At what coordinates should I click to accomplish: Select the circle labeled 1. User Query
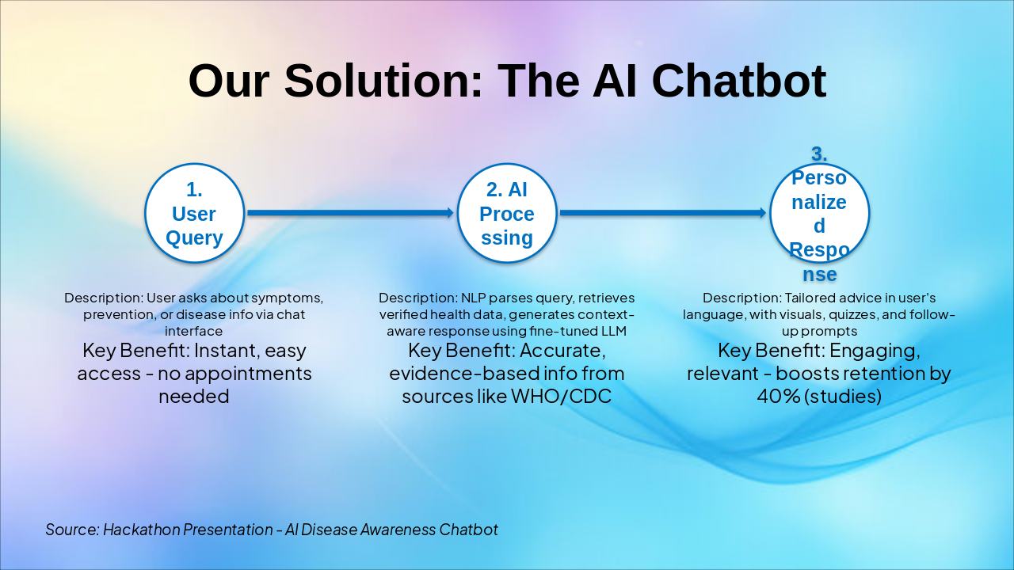194,213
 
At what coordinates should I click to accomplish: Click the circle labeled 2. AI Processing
507,213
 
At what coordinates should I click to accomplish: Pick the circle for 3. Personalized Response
820,213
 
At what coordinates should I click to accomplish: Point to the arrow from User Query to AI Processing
349,213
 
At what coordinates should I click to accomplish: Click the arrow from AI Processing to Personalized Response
662,213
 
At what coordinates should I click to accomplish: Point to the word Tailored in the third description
810,298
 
